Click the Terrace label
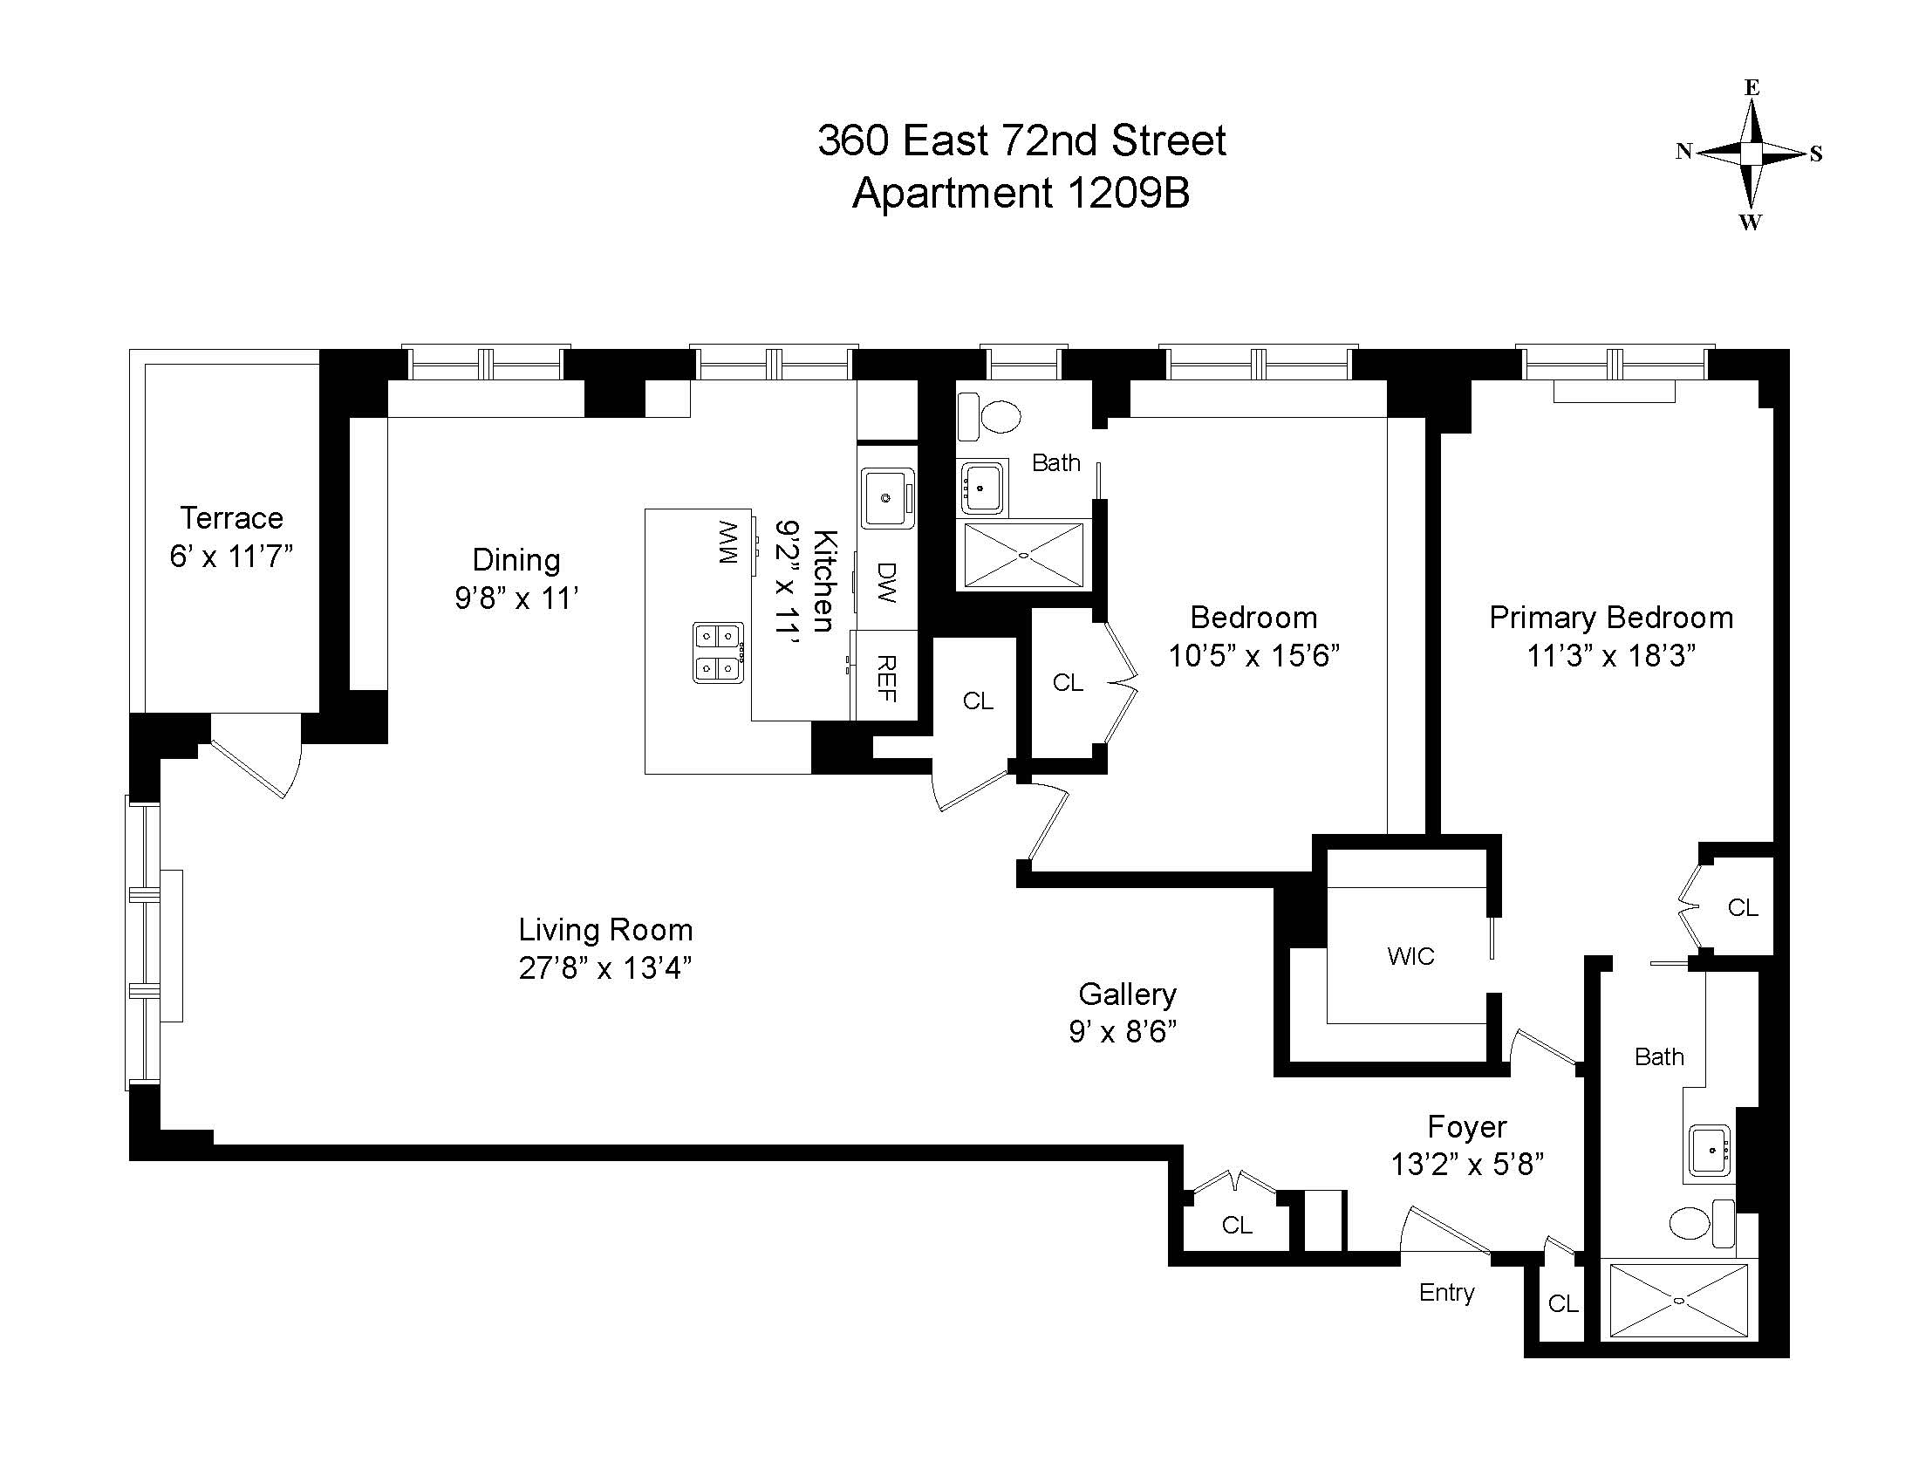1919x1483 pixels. click(231, 517)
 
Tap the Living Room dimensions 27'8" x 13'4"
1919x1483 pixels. click(604, 967)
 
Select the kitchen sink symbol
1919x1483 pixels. click(886, 497)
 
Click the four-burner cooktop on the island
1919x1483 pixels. click(718, 652)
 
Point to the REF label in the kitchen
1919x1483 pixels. click(886, 678)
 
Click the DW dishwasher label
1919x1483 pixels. click(886, 583)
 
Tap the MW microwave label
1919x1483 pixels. click(728, 542)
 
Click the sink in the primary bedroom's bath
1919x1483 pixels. click(1710, 1150)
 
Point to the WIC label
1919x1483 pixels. click(1410, 956)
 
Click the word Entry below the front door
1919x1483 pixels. click(1446, 1292)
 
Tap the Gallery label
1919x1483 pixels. click(1126, 994)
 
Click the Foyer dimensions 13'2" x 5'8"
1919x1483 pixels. click(1466, 1164)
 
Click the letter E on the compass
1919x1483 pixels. click(1752, 88)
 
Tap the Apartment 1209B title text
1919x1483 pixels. click(1021, 194)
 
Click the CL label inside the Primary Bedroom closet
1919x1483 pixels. click(1743, 907)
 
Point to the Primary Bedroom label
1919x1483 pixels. click(1610, 618)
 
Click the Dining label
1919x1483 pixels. click(516, 560)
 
